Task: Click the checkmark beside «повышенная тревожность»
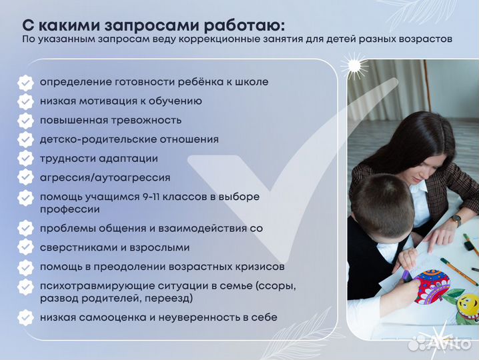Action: click(x=25, y=121)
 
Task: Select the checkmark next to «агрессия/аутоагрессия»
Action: click(x=25, y=178)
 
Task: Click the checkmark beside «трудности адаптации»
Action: click(x=25, y=159)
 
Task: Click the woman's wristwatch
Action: click(x=456, y=219)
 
